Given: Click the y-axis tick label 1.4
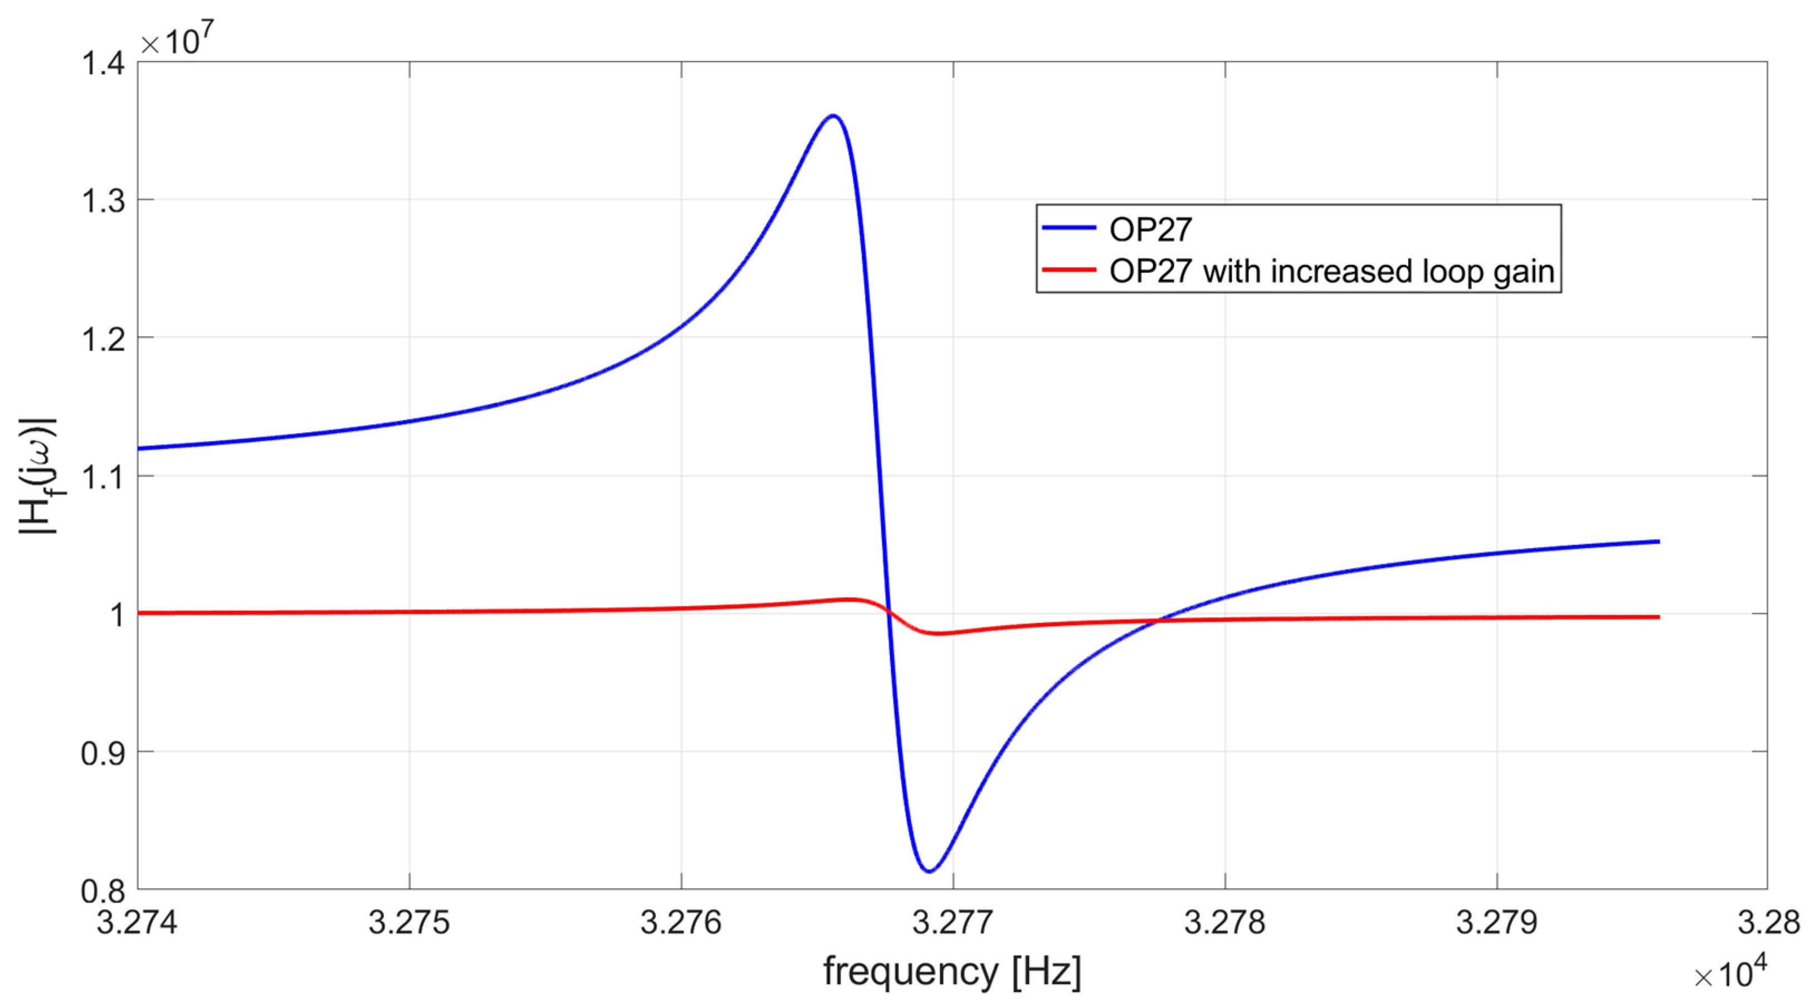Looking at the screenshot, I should pos(103,64).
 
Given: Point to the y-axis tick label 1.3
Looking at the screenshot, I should pos(103,201).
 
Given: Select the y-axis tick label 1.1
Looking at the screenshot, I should pos(103,477).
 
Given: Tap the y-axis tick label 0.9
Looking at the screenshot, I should pos(103,753).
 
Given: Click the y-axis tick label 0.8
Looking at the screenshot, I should pos(103,891).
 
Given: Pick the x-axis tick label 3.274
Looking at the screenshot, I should pos(137,923).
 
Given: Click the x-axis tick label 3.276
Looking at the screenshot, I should pos(681,923).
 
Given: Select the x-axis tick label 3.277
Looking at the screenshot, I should pos(953,923).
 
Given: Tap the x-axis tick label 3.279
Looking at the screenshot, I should pos(1497,923).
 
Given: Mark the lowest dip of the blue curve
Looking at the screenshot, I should pos(930,871).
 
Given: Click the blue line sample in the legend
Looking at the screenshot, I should pos(1069,228).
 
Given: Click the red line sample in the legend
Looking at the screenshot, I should pos(1069,270).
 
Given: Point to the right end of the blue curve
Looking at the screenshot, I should pos(1659,541).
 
